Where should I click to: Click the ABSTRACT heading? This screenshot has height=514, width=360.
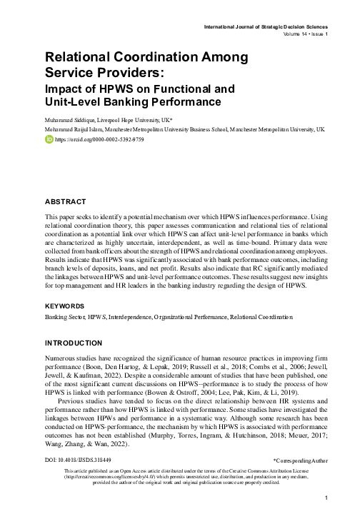(x=65, y=203)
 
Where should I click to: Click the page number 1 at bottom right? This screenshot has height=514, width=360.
(x=326, y=497)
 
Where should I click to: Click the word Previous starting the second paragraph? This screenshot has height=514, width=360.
(x=74, y=412)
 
